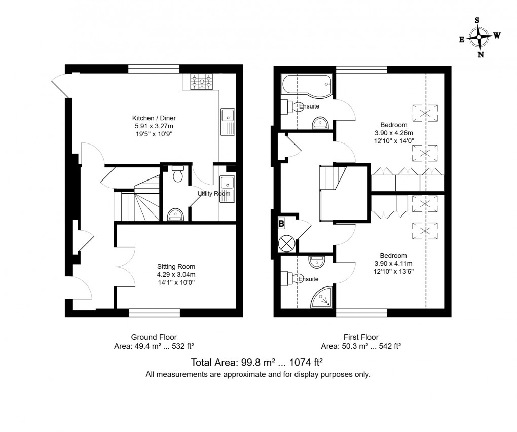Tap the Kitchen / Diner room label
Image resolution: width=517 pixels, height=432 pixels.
coord(152,118)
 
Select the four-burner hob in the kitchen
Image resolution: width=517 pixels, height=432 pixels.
coord(201,83)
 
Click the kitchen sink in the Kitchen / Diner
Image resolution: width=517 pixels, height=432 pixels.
coord(227,122)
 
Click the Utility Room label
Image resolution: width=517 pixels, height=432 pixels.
coord(213,193)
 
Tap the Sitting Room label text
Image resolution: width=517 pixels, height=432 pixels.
coord(176,266)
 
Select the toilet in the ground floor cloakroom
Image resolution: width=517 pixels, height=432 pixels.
coord(177,174)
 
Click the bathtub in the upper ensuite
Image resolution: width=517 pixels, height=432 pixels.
coord(306,84)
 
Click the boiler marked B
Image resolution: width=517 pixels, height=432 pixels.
coord(282,223)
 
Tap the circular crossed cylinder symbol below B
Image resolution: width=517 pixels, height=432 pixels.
coord(286,243)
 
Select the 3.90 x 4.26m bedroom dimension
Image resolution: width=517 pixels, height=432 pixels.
coord(394,133)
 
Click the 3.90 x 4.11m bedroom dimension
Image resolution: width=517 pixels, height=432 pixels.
coord(393,263)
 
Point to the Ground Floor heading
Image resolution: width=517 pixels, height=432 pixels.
coord(154,337)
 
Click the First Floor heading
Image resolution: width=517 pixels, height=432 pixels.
coord(361,337)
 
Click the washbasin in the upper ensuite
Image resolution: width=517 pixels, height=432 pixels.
coord(320,123)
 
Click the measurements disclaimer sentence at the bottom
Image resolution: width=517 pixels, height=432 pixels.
coord(258,375)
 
